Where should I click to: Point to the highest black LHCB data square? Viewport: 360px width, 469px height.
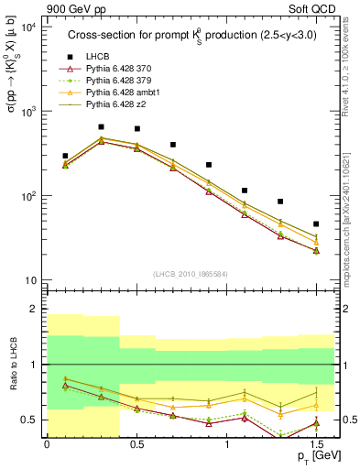101,127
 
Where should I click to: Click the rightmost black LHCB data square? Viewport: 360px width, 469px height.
316,224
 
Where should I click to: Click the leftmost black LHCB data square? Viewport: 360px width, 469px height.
65,157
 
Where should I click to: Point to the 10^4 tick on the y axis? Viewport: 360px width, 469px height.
29,27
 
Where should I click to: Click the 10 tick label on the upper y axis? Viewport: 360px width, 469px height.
30,279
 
